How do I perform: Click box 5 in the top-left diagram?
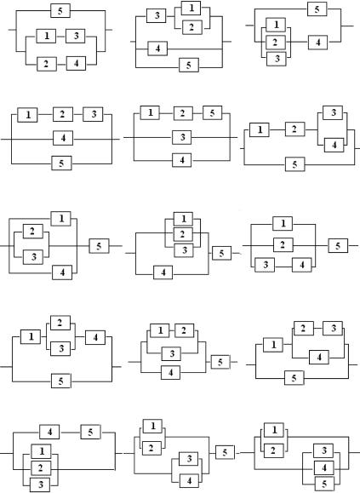click(x=60, y=11)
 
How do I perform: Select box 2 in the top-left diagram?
click(x=47, y=64)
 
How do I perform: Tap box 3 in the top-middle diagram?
click(x=157, y=15)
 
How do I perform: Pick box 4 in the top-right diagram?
click(x=317, y=43)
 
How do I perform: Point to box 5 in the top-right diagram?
click(x=317, y=9)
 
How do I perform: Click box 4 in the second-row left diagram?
click(x=63, y=138)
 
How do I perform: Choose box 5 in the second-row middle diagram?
click(x=213, y=113)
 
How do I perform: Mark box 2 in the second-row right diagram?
click(x=294, y=129)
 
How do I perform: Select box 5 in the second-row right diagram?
click(x=295, y=164)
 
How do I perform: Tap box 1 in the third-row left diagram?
click(x=61, y=219)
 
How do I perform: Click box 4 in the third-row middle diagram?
click(x=163, y=272)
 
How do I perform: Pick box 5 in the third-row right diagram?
click(x=338, y=245)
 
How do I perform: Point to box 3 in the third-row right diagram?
click(x=265, y=265)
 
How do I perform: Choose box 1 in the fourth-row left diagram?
click(x=31, y=336)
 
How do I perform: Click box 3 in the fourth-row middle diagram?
click(x=172, y=353)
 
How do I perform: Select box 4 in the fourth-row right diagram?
click(x=319, y=357)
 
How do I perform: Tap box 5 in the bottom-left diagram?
click(x=90, y=432)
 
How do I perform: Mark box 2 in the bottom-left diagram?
click(x=41, y=468)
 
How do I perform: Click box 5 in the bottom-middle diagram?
click(x=225, y=452)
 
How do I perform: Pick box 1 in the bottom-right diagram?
click(x=274, y=430)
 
